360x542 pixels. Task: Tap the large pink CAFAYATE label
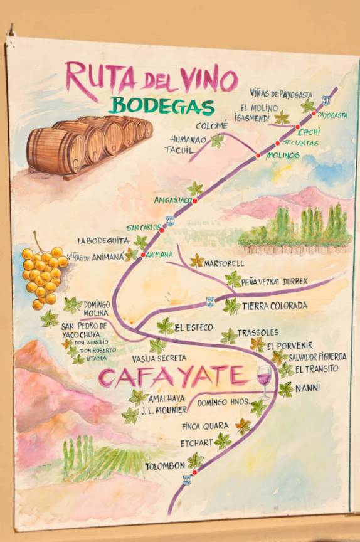(x=172, y=377)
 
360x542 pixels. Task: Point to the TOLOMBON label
(x=165, y=466)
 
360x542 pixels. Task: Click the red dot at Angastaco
(x=195, y=201)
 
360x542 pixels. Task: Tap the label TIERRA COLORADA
(x=275, y=306)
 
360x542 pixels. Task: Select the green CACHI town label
(x=309, y=132)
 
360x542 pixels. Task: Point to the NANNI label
(x=308, y=387)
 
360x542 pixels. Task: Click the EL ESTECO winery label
(x=194, y=327)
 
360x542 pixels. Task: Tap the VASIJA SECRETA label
(x=159, y=358)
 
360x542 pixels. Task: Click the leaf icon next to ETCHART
(x=223, y=441)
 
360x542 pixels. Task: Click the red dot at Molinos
(x=258, y=155)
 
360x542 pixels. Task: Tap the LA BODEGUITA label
(x=103, y=240)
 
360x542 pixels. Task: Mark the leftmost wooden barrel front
(x=55, y=152)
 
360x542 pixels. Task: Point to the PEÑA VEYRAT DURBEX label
(x=275, y=282)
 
